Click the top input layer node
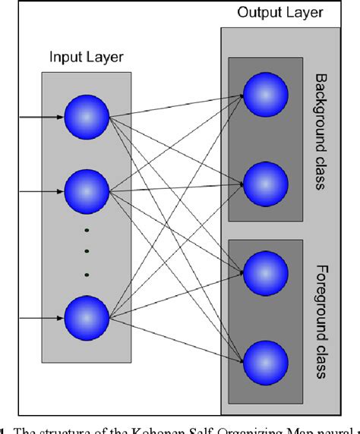click(87, 118)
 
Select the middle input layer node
click(87, 192)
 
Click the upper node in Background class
click(266, 96)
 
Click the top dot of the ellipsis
click(87, 231)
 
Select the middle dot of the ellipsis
click(87, 252)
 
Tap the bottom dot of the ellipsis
click(87, 273)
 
